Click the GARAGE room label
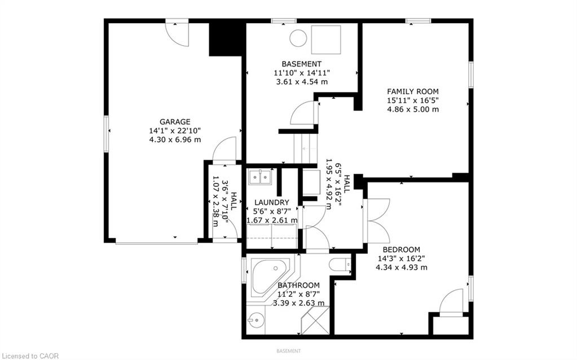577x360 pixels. pyautogui.click(x=175, y=122)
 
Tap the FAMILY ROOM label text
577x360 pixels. pyautogui.click(x=412, y=91)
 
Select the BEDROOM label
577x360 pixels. pyautogui.click(x=401, y=249)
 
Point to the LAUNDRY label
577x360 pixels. pyautogui.click(x=271, y=203)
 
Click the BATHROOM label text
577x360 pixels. pyautogui.click(x=298, y=286)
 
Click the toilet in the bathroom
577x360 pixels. pyautogui.click(x=340, y=265)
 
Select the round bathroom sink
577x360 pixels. pyautogui.click(x=256, y=319)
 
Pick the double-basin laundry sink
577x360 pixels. pyautogui.click(x=260, y=177)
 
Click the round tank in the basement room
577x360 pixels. pyautogui.click(x=298, y=38)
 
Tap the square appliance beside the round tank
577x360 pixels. pyautogui.click(x=326, y=39)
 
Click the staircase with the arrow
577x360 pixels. pyautogui.click(x=305, y=148)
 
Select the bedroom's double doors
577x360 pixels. pyautogui.click(x=376, y=221)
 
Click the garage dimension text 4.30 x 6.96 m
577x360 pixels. pyautogui.click(x=175, y=140)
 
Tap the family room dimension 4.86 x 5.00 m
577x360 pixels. pyautogui.click(x=413, y=109)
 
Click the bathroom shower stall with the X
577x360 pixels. pyautogui.click(x=315, y=321)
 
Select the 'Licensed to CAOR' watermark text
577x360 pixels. pyautogui.click(x=29, y=356)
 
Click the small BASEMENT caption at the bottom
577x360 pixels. pyautogui.click(x=289, y=351)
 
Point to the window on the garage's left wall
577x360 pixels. pyautogui.click(x=107, y=134)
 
